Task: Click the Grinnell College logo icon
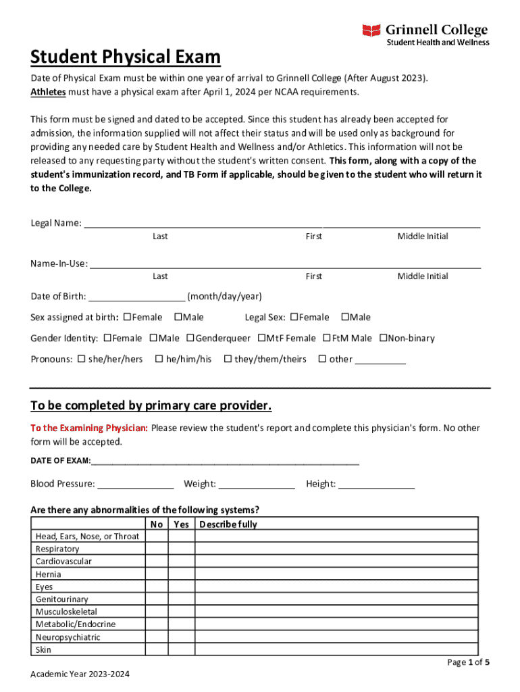coord(371,30)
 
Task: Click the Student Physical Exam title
coord(126,57)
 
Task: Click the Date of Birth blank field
coord(137,297)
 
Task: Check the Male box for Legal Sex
coord(344,318)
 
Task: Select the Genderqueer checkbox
coord(190,339)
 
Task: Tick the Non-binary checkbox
coord(384,339)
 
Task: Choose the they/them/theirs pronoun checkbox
coord(228,360)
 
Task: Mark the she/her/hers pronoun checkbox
coord(81,360)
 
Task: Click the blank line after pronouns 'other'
coord(380,360)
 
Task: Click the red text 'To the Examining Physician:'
coord(89,428)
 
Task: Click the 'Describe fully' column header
coord(228,524)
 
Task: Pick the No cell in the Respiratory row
coord(157,549)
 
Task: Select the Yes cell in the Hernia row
coord(181,574)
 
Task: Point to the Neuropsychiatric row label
coord(68,637)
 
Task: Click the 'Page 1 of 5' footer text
coord(468,662)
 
